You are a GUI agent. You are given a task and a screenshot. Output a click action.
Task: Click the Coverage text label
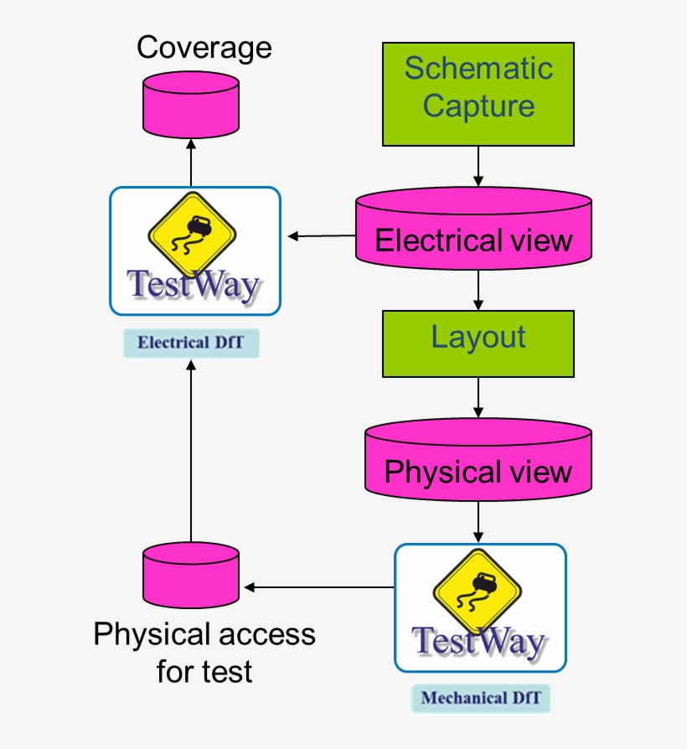[x=204, y=48]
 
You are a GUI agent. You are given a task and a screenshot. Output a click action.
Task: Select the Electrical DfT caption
[x=191, y=343]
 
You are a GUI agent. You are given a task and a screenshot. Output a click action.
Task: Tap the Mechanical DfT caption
[x=480, y=698]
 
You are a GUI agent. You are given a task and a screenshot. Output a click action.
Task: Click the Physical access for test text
[x=204, y=652]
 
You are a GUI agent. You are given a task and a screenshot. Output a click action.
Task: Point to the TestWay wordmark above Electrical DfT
[x=194, y=284]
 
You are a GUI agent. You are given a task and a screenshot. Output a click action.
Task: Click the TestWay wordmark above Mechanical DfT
[x=479, y=643]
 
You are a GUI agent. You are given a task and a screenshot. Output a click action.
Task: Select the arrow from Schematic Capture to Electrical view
[x=478, y=167]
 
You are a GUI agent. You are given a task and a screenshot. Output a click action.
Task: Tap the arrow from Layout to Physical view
[x=478, y=397]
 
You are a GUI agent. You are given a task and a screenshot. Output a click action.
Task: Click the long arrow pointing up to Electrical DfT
[x=191, y=452]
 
